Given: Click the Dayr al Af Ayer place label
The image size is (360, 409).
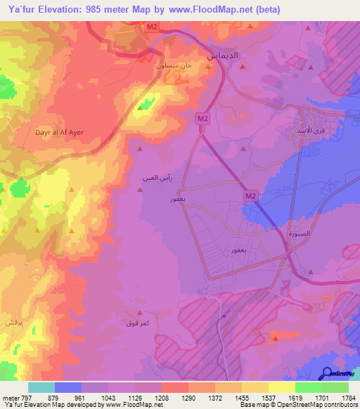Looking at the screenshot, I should coord(39,131).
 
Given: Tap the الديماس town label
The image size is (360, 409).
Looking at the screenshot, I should coord(222,55).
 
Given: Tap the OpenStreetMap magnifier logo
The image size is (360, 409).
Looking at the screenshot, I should coord(328,373).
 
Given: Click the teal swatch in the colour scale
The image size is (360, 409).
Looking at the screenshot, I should coord(41,387).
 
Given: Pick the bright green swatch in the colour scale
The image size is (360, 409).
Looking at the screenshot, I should coord(308,387).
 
